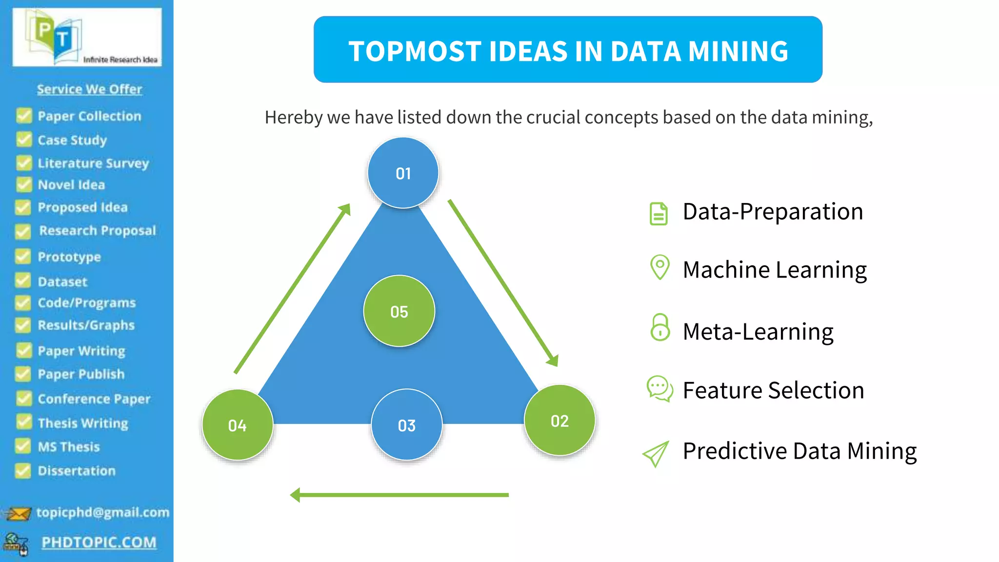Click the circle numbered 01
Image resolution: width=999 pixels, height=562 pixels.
click(403, 173)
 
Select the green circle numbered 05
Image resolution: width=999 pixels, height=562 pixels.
click(399, 311)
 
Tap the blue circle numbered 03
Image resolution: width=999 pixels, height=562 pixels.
click(406, 425)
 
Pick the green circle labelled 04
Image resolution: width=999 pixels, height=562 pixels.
click(238, 425)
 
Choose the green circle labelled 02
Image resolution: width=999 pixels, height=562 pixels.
click(559, 421)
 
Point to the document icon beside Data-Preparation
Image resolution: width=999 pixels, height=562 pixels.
click(659, 214)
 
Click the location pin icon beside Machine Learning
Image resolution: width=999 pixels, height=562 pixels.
click(660, 267)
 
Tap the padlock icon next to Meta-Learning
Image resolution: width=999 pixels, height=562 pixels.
click(660, 327)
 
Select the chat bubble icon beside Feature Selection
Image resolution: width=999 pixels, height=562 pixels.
click(659, 388)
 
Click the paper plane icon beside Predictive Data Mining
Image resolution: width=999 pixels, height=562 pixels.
click(656, 454)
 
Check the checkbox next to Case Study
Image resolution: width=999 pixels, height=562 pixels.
click(24, 140)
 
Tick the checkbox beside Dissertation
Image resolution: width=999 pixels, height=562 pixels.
click(23, 470)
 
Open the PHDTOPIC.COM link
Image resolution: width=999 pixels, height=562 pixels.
click(99, 542)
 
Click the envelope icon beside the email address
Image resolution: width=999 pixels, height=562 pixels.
click(18, 513)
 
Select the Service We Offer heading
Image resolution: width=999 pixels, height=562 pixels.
click(89, 89)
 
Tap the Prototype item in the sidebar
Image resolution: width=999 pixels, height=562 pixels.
click(69, 257)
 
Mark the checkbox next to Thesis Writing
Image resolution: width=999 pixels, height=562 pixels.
click(23, 422)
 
